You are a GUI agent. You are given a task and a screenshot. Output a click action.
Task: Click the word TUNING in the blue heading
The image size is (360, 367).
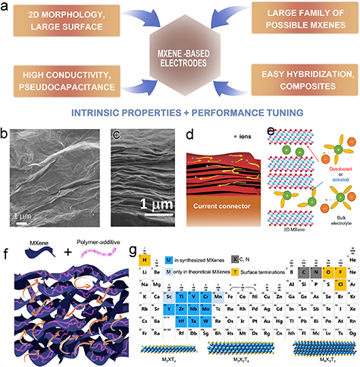[284, 114]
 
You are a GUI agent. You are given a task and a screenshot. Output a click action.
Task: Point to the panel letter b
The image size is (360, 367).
[6, 133]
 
